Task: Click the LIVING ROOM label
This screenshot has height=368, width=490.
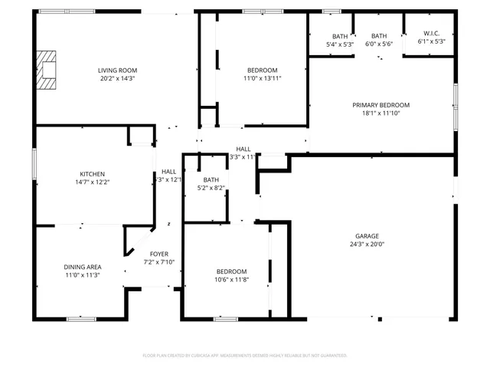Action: pyautogui.click(x=117, y=70)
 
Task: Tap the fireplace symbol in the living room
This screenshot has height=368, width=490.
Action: pyautogui.click(x=49, y=71)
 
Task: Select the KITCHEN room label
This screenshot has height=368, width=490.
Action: pyautogui.click(x=92, y=173)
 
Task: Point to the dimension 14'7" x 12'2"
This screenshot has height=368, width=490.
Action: pyautogui.click(x=92, y=182)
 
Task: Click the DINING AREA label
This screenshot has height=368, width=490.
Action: pyautogui.click(x=83, y=267)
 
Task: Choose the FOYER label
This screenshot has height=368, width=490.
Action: pyautogui.click(x=159, y=254)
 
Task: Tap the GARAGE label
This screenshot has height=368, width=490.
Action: pyautogui.click(x=367, y=236)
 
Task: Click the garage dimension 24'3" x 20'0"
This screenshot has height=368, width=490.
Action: pyautogui.click(x=367, y=245)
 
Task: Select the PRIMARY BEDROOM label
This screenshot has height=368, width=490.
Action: pyautogui.click(x=381, y=105)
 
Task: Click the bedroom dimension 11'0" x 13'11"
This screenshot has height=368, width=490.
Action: pyautogui.click(x=261, y=78)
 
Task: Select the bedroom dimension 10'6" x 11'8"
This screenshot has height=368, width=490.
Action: pyautogui.click(x=230, y=281)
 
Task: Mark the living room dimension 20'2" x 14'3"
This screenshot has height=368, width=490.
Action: pyautogui.click(x=117, y=78)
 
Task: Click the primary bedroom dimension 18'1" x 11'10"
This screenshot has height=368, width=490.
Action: pyautogui.click(x=381, y=113)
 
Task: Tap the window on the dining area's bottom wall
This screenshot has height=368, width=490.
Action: pyautogui.click(x=81, y=318)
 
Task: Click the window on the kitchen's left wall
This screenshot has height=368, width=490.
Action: pyautogui.click(x=34, y=165)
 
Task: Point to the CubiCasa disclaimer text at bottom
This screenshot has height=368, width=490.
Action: pyautogui.click(x=245, y=356)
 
